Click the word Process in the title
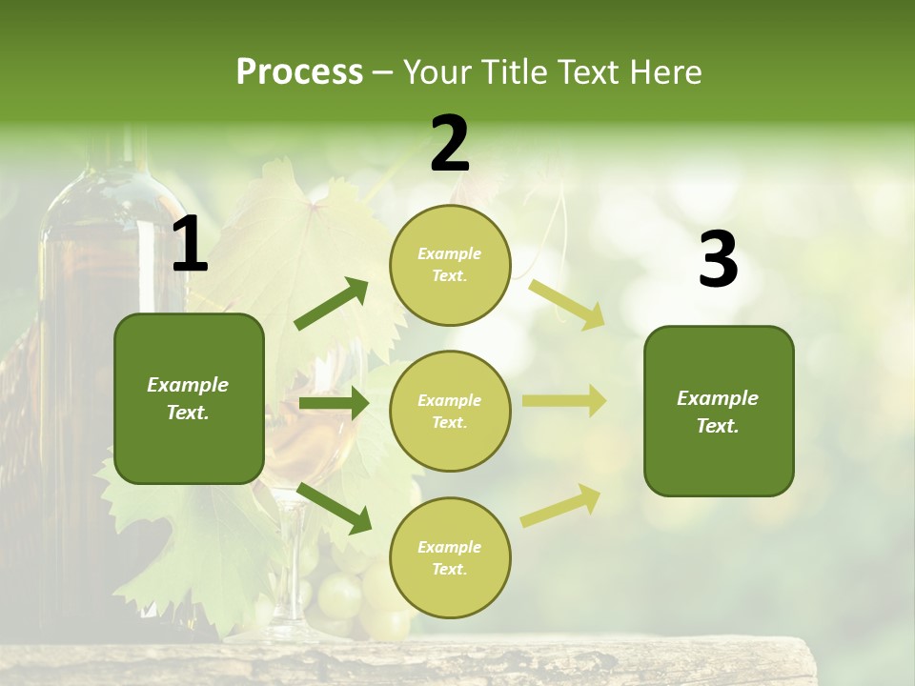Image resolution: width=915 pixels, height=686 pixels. (x=299, y=72)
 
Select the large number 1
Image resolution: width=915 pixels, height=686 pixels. (x=190, y=245)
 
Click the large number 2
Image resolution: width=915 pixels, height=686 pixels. (x=450, y=144)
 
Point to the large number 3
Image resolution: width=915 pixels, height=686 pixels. (x=718, y=260)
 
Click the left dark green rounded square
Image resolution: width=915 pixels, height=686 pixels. (x=189, y=398)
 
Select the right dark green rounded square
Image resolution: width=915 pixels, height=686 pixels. (x=719, y=411)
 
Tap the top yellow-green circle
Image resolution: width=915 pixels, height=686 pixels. (x=450, y=265)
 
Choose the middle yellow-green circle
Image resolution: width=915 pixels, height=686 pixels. (x=450, y=411)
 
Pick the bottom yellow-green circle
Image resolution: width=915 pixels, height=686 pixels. (x=450, y=557)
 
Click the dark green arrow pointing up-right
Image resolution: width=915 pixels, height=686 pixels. (x=332, y=304)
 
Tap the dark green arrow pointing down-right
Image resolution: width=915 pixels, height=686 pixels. (x=334, y=508)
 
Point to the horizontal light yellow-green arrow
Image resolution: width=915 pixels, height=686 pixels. (x=564, y=401)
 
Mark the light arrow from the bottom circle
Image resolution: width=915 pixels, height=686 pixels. (x=560, y=505)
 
